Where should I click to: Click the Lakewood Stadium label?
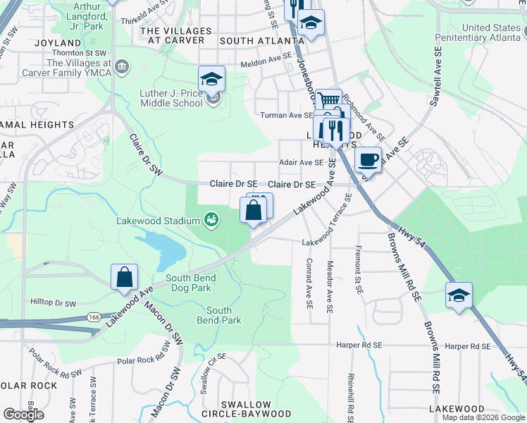(159, 221)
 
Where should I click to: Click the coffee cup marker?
(367, 159)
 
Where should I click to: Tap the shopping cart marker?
(328, 102)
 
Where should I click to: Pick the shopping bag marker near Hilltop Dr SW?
(124, 278)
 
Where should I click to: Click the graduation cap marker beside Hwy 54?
(459, 296)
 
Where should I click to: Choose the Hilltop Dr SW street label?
(54, 302)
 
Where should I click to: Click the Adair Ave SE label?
(301, 162)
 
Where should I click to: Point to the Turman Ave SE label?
(286, 115)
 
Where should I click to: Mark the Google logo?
(24, 415)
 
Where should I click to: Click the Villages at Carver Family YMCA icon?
(123, 67)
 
